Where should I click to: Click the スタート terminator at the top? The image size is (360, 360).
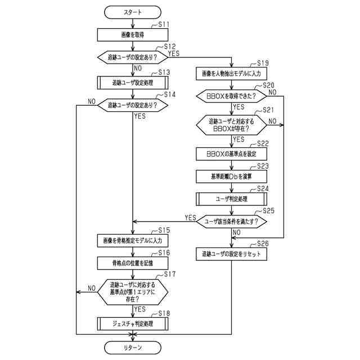click(133, 12)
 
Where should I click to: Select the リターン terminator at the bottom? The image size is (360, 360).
click(133, 348)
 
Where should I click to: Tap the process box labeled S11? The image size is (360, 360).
click(133, 35)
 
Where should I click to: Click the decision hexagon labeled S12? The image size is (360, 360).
click(133, 57)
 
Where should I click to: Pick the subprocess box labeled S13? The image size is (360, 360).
click(133, 83)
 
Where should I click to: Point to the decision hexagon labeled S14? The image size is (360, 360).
click(133, 105)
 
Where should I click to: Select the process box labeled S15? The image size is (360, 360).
click(133, 241)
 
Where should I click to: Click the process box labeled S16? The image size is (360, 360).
click(133, 263)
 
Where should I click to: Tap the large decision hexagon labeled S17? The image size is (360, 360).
click(133, 292)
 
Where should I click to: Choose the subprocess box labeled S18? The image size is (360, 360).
click(133, 324)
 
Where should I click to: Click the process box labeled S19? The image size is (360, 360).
click(231, 74)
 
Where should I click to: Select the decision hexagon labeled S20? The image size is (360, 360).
click(231, 96)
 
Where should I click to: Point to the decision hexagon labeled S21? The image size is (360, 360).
click(231, 125)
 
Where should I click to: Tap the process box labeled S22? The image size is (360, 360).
click(231, 154)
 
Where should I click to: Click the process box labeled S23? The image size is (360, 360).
click(231, 176)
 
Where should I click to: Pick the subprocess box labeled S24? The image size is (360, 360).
click(231, 199)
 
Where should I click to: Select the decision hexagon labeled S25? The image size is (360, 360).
click(231, 222)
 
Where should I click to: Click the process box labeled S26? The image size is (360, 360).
click(231, 254)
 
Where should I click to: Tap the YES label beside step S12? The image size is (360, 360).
click(174, 53)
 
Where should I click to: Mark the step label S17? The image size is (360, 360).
click(170, 274)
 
